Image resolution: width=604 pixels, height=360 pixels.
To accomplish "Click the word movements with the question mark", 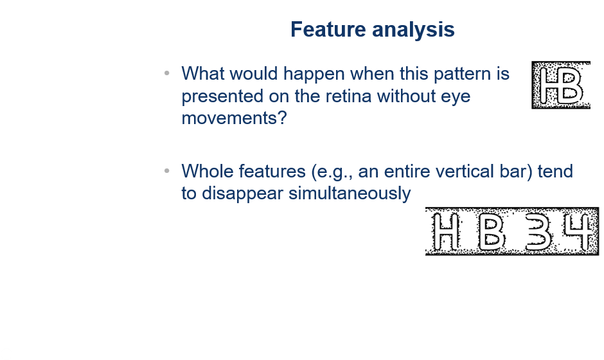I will (x=234, y=118).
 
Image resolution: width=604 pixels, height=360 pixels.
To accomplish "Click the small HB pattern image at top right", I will (x=561, y=85).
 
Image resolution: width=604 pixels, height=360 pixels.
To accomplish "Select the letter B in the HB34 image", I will (x=490, y=232).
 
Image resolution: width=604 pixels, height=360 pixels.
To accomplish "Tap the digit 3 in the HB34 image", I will (x=538, y=232).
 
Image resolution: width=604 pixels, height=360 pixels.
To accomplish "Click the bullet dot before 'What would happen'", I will (x=167, y=73).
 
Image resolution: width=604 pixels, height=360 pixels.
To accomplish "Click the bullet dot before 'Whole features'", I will (x=167, y=171).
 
